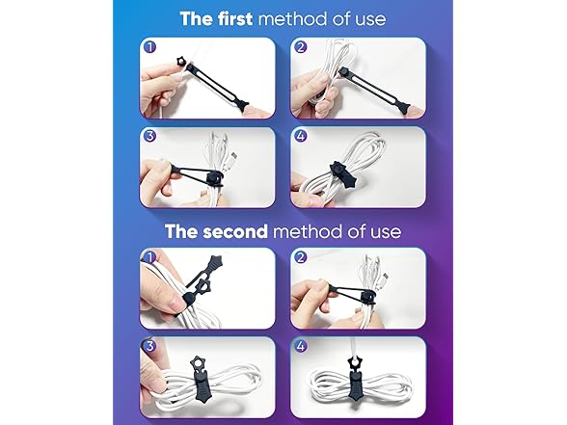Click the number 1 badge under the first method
pos(149,45)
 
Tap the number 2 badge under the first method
pos(301,45)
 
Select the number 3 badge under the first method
pos(149,136)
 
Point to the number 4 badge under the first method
pos(301,136)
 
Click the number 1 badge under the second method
pos(149,257)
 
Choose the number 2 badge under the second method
pos(301,257)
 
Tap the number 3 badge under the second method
pos(149,346)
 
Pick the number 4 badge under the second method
pos(301,346)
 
